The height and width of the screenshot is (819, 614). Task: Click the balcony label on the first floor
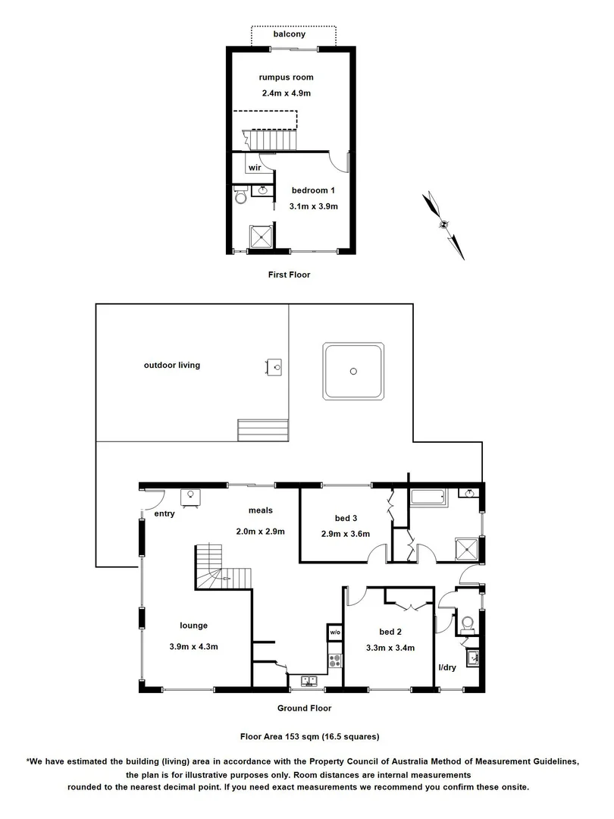pyautogui.click(x=290, y=35)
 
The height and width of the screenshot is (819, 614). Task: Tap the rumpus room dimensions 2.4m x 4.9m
pyautogui.click(x=285, y=93)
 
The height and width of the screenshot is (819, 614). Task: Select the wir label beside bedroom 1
pyautogui.click(x=255, y=168)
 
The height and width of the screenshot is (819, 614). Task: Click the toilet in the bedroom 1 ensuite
pyautogui.click(x=240, y=197)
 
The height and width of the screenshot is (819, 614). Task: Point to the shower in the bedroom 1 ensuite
pyautogui.click(x=263, y=237)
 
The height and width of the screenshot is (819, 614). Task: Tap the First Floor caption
pyautogui.click(x=289, y=275)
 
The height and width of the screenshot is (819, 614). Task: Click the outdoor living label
pyautogui.click(x=172, y=365)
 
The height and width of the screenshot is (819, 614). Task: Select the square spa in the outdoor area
pyautogui.click(x=353, y=371)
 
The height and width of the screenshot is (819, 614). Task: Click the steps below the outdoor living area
pyautogui.click(x=264, y=430)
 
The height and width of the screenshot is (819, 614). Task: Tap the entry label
pyautogui.click(x=164, y=513)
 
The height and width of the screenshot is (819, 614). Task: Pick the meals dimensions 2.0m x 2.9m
pyautogui.click(x=260, y=531)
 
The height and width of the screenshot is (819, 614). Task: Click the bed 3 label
pyautogui.click(x=346, y=518)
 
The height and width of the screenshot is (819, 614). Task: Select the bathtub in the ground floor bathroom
pyautogui.click(x=428, y=498)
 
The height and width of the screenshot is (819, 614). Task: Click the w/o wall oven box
pyautogui.click(x=335, y=632)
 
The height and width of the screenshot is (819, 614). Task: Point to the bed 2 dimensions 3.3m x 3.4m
pyautogui.click(x=389, y=648)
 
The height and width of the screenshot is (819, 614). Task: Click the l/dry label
pyautogui.click(x=447, y=668)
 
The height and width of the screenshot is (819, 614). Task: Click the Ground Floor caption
pyautogui.click(x=305, y=708)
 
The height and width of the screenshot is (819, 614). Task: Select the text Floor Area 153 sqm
pyautogui.click(x=272, y=736)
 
